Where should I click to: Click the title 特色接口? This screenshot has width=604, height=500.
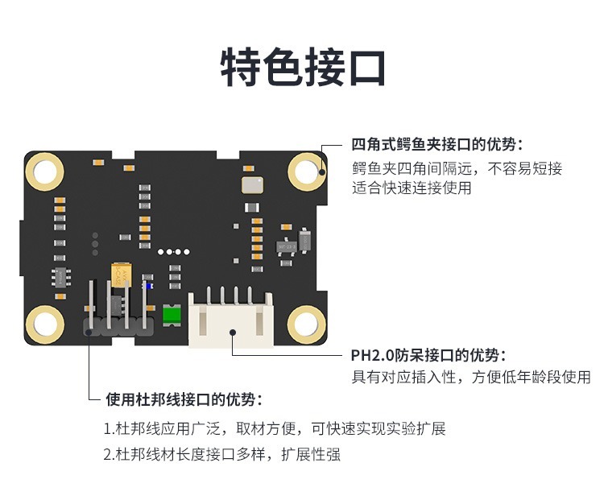303,68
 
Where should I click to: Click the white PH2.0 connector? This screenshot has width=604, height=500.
230,318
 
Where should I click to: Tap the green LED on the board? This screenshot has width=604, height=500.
171,315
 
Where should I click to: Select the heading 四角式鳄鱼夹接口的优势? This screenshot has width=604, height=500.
437,145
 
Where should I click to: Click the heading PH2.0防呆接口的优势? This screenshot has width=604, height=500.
428,355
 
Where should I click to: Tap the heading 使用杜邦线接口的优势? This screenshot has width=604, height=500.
184,399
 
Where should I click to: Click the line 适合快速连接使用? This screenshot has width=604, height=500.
412,188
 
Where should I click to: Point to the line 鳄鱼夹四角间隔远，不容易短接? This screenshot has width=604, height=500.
457,168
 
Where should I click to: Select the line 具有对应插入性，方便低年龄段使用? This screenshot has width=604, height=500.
470,377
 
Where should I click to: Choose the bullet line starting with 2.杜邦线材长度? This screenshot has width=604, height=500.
221,454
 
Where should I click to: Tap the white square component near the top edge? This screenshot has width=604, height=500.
252,184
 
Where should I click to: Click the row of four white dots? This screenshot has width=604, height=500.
171,251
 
